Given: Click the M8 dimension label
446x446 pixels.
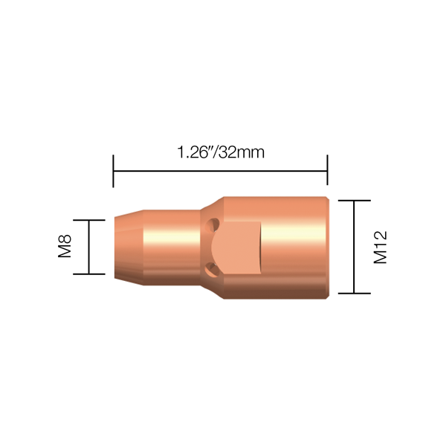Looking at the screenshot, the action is tap(65, 246).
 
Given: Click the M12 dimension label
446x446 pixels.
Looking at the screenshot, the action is tap(380, 248).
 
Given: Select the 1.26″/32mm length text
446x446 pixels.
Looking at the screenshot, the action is tap(221, 152).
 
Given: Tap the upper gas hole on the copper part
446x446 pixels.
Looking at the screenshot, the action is tap(213, 224).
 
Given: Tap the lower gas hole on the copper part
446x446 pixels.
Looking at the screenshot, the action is tap(213, 269).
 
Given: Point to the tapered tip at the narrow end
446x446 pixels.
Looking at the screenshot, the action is tap(129, 248).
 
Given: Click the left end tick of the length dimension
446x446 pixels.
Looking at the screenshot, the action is tap(113, 171).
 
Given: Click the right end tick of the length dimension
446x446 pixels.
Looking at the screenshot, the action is tap(327, 170).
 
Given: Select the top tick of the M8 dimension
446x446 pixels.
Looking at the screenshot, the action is tap(89, 220).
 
